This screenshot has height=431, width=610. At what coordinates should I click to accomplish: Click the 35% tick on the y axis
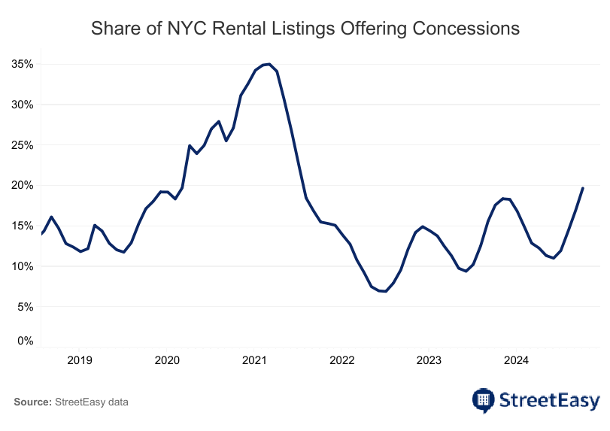[x=23, y=65]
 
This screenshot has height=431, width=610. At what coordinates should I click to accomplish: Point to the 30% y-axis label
[x=23, y=105]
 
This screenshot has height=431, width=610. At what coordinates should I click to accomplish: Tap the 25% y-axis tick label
[x=23, y=145]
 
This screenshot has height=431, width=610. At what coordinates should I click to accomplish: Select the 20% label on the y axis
[x=23, y=186]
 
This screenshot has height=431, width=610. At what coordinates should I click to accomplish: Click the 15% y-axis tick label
[x=23, y=226]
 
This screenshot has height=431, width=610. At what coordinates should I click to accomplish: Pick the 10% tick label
[x=23, y=266]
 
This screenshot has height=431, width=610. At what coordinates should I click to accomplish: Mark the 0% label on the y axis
[x=26, y=341]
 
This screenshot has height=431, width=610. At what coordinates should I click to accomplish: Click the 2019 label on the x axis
[x=80, y=360]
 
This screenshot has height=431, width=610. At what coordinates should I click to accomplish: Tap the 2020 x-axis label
[x=167, y=360]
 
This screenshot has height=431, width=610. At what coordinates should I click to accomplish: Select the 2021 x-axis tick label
[x=254, y=360]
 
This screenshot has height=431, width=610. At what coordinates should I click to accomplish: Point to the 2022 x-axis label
[x=341, y=360]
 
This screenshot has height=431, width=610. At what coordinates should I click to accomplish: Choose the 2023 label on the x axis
[x=429, y=360]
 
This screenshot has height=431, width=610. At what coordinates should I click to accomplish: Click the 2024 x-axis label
[x=516, y=360]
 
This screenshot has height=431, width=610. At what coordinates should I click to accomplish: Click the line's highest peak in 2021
[x=269, y=64]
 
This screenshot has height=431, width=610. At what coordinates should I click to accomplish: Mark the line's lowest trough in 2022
[x=385, y=291]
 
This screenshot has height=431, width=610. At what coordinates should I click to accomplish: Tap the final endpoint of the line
[x=583, y=188]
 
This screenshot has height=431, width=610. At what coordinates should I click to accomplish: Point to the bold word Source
[x=32, y=402]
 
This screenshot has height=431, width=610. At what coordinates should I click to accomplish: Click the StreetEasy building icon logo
[x=484, y=399]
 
